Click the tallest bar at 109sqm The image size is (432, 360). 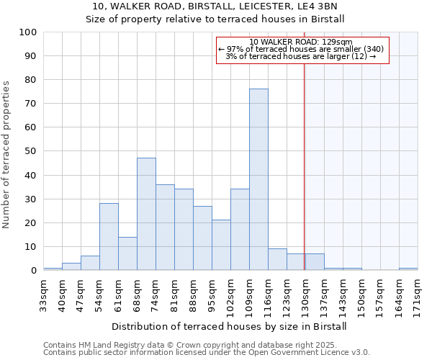pos(258,179)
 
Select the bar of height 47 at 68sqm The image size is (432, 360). pos(146,214)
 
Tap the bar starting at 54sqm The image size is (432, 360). pos(109,237)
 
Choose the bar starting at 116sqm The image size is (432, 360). pos(277,259)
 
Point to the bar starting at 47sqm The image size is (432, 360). pos(90,263)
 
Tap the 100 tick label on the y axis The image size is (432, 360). pos(28,32)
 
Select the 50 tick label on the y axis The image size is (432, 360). pos(31,151)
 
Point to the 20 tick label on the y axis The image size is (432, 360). pos(31,222)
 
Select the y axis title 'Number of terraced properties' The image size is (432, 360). pos(7,154)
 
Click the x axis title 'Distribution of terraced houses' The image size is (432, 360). pos(230,326)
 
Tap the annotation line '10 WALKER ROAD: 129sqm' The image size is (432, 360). pos(302,42)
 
